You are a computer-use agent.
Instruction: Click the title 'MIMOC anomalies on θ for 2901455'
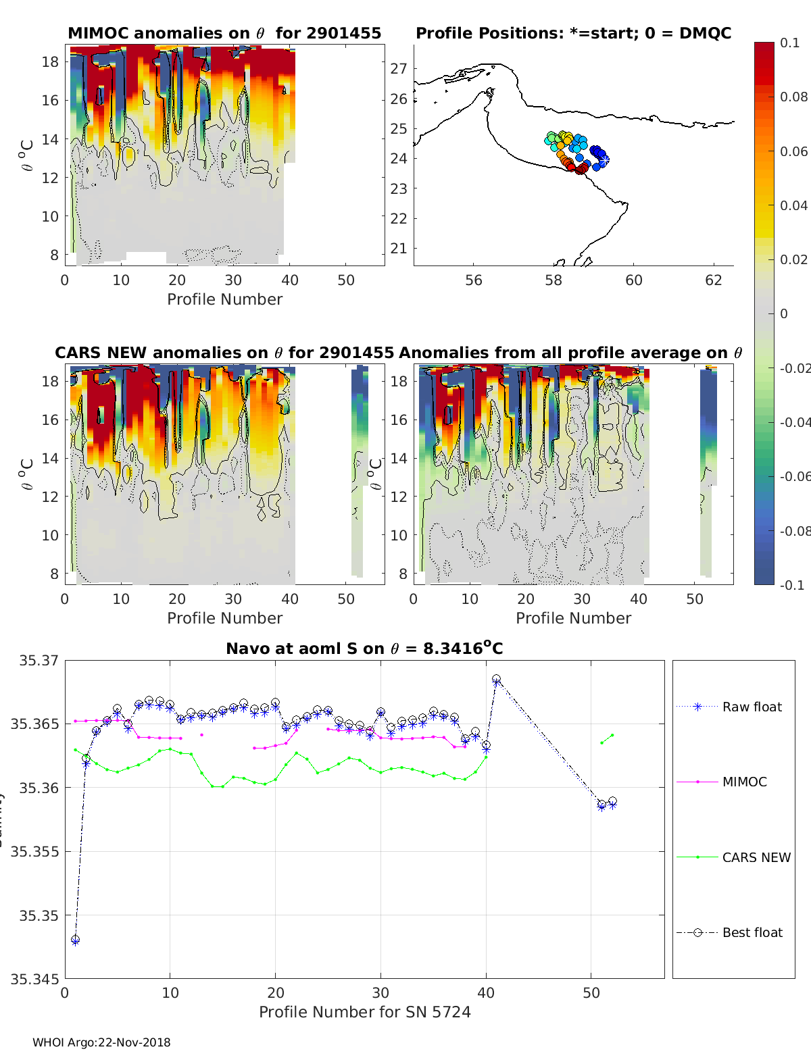(224, 33)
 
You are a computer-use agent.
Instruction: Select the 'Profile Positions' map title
(573, 33)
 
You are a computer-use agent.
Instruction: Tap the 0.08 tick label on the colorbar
(793, 97)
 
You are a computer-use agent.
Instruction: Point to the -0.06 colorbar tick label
(793, 476)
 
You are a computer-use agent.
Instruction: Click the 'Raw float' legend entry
(752, 707)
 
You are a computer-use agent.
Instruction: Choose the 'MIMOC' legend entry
(744, 782)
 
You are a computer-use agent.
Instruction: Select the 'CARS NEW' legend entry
(756, 857)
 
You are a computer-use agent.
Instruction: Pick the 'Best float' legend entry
(752, 932)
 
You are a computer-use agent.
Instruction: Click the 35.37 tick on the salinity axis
(39, 660)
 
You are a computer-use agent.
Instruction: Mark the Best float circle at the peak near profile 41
(497, 679)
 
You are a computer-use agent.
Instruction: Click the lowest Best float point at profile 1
(76, 940)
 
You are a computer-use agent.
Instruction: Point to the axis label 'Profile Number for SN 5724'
(364, 1012)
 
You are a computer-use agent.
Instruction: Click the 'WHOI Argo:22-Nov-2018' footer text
(101, 1042)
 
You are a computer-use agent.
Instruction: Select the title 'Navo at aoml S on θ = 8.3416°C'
(364, 649)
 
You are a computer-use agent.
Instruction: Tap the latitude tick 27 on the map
(399, 68)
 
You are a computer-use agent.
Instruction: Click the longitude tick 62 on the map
(714, 280)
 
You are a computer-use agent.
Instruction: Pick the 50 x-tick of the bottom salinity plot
(591, 992)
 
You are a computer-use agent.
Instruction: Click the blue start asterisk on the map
(605, 160)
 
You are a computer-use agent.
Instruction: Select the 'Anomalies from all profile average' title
(570, 353)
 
